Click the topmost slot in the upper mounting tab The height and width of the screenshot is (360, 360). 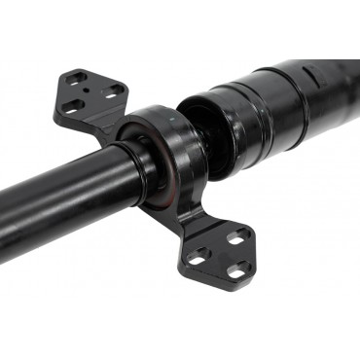[78, 78]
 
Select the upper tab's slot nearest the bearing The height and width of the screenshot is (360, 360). [115, 90]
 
